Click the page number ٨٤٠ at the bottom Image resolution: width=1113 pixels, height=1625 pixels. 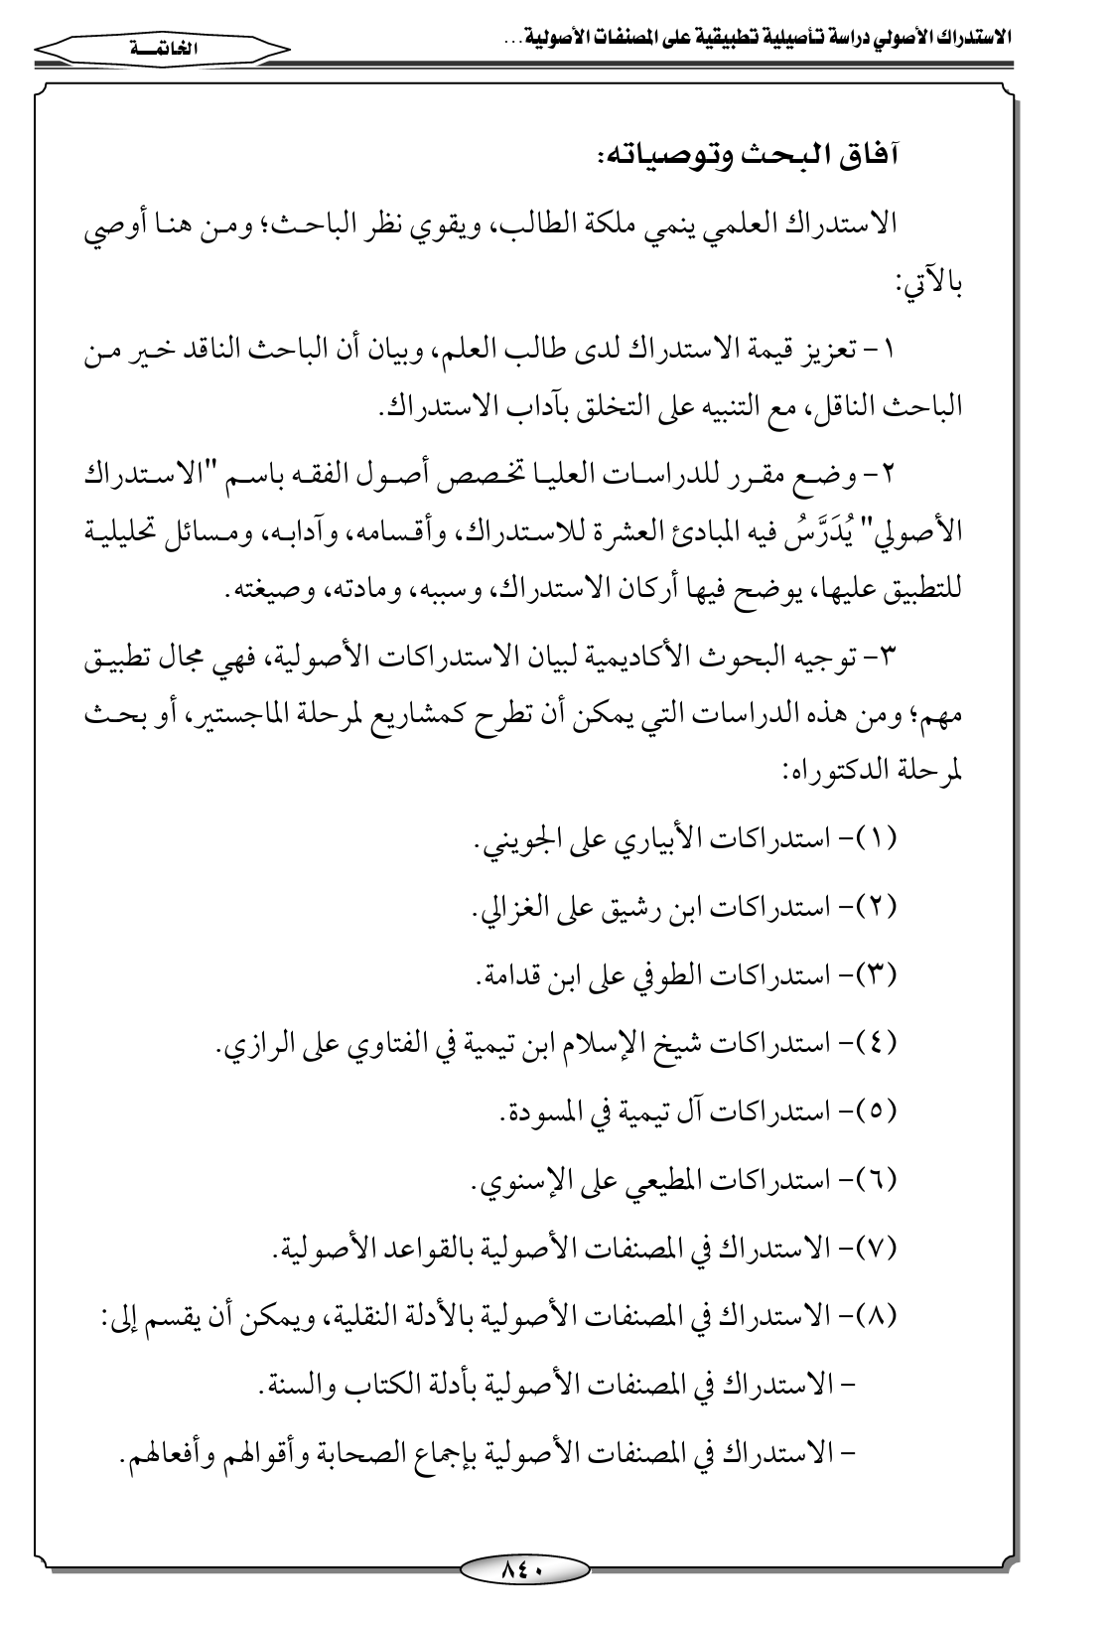coord(524,1569)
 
